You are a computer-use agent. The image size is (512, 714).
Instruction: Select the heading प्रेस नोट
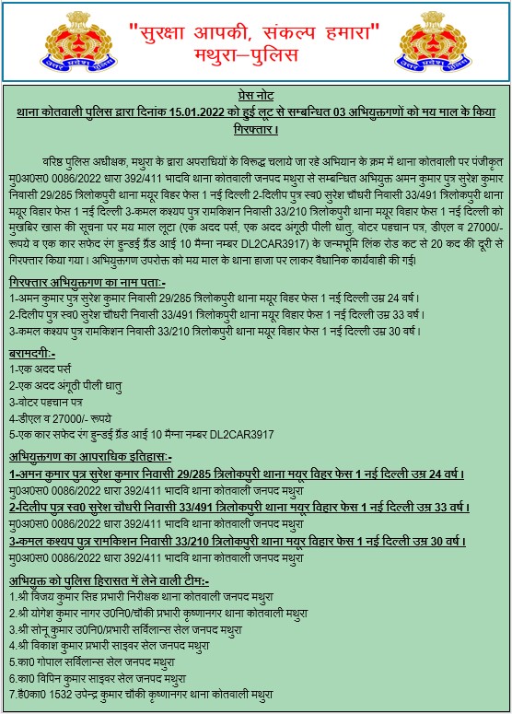[x=256, y=97]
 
